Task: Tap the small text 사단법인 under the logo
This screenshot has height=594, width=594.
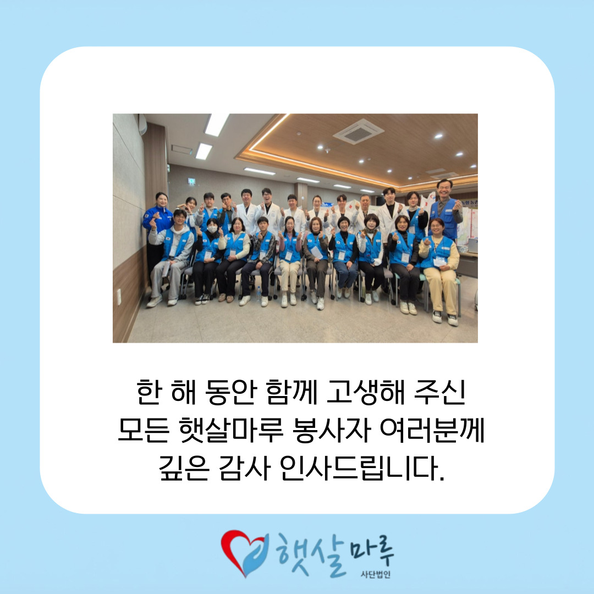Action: (376, 575)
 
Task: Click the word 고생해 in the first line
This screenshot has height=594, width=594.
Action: (366, 392)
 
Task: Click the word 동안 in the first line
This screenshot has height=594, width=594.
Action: (230, 392)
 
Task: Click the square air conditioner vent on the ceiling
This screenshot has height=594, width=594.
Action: (359, 131)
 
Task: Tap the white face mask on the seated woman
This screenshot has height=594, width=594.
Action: (212, 229)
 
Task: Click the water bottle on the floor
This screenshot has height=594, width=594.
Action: (259, 294)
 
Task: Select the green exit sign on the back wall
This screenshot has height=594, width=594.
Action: (192, 181)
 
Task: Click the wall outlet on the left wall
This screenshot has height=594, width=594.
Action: (119, 297)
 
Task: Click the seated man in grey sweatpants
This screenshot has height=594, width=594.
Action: (170, 257)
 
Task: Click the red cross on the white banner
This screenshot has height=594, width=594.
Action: (350, 207)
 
